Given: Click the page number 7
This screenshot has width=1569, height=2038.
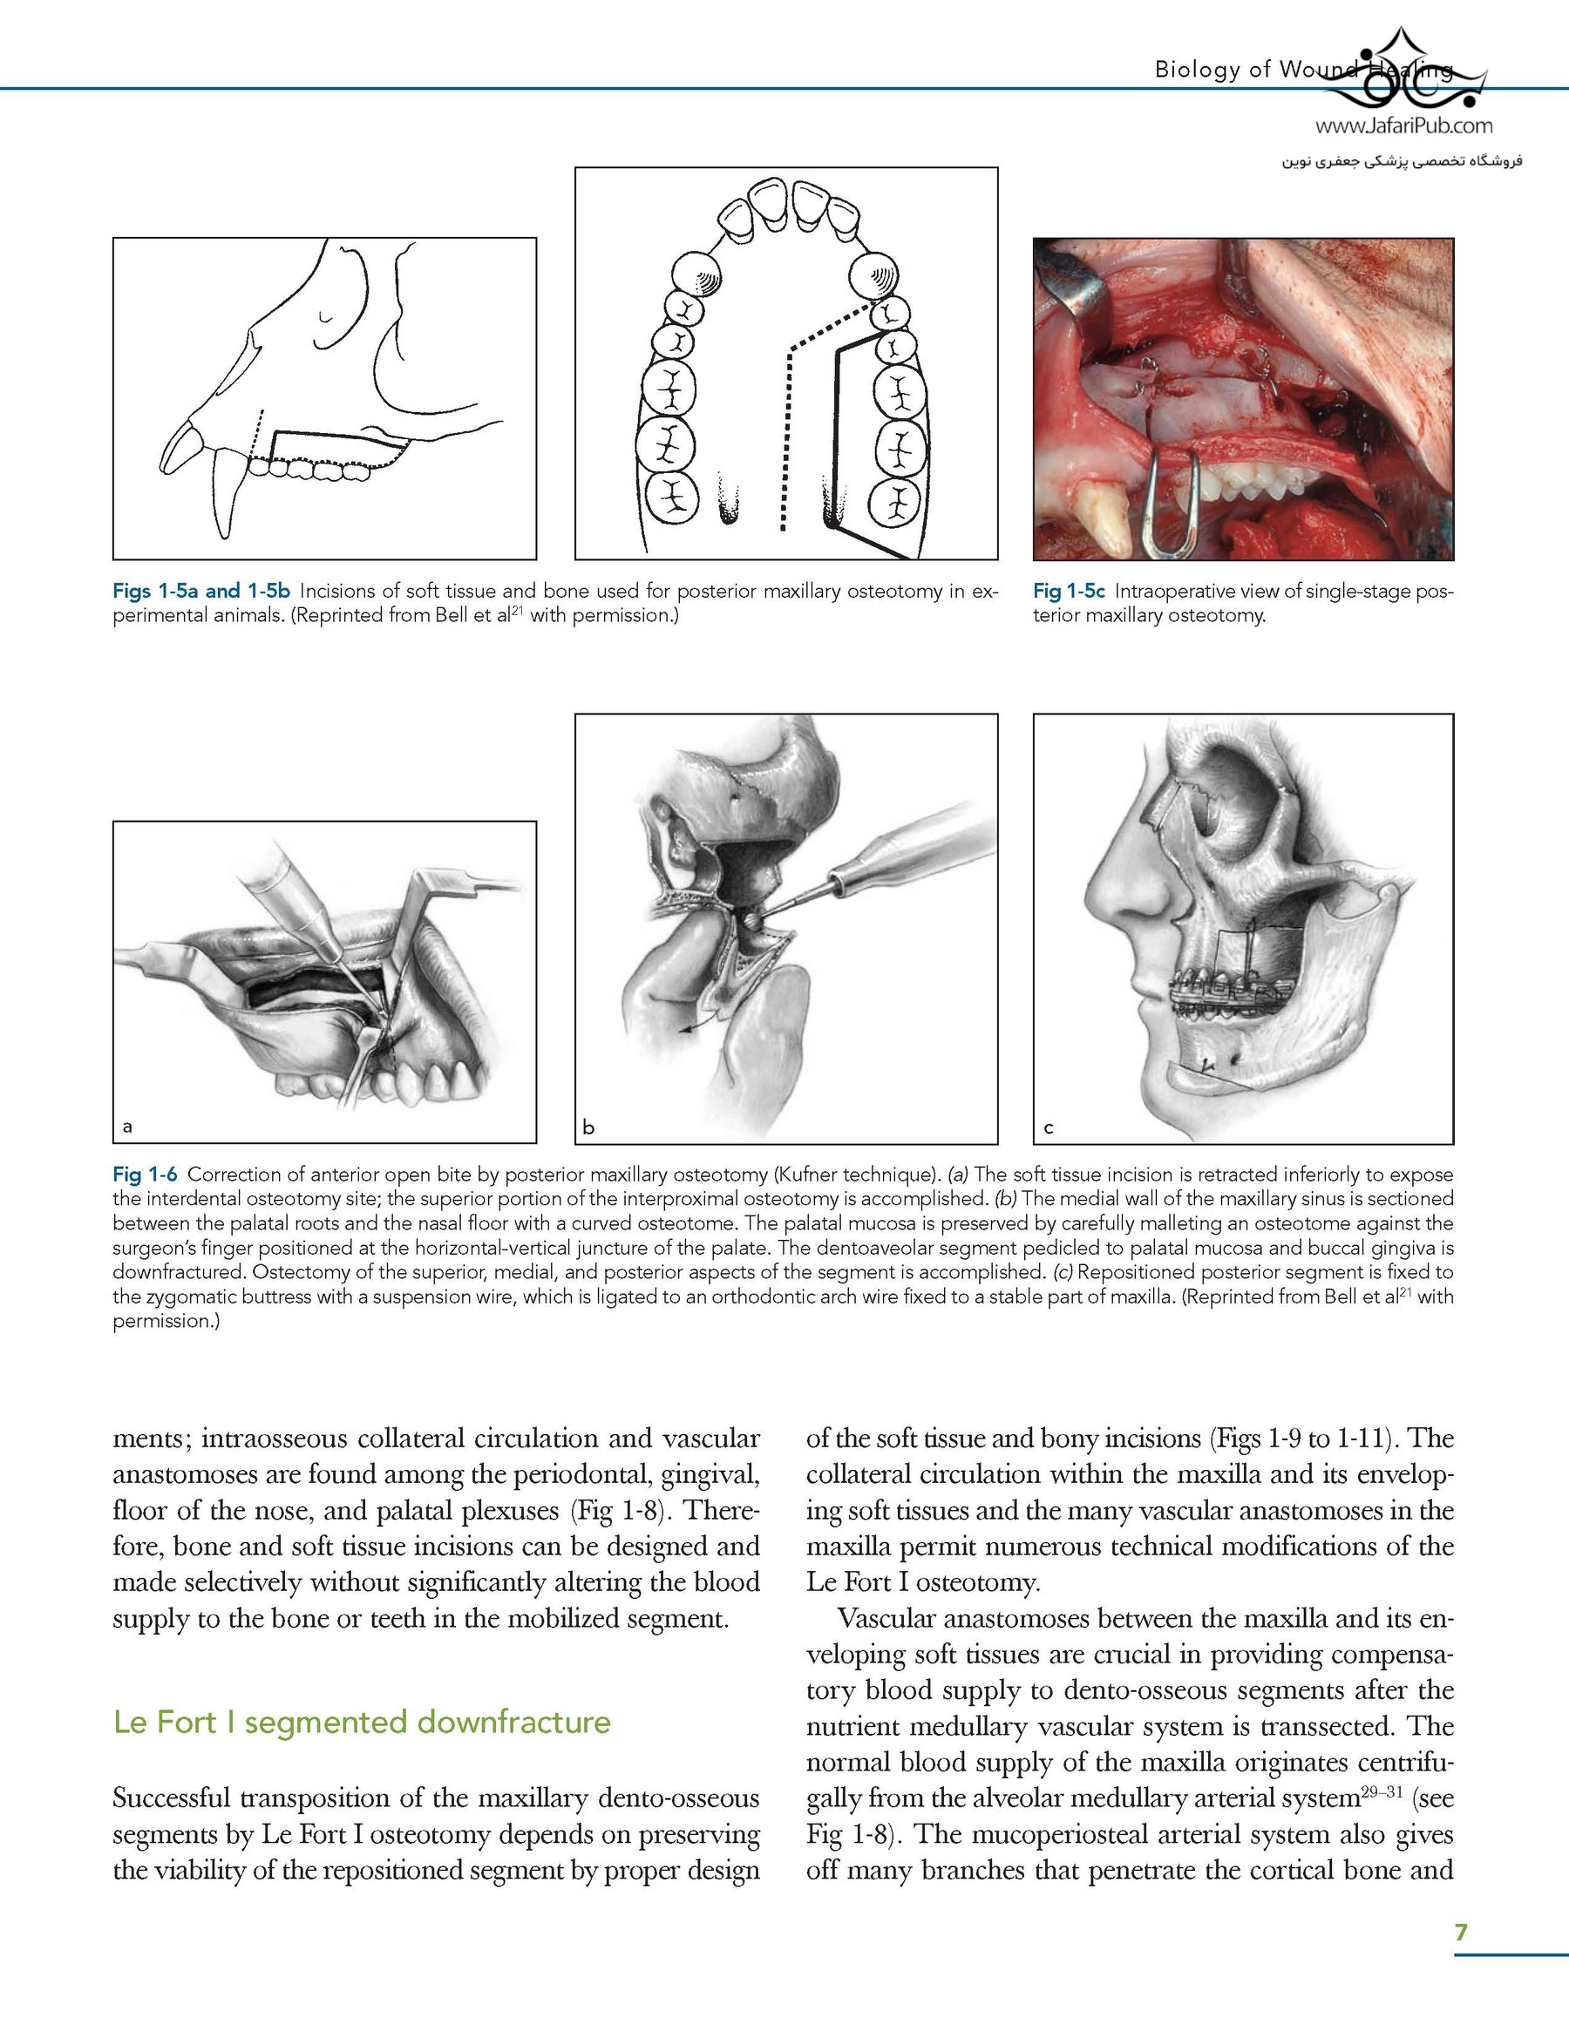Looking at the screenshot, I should pos(1461,1932).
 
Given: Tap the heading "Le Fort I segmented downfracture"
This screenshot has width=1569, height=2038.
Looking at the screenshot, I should pos(361,1722).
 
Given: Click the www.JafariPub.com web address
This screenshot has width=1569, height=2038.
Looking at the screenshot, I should pos(1403,125).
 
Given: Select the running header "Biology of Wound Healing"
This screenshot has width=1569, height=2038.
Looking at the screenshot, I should pos(1303,69).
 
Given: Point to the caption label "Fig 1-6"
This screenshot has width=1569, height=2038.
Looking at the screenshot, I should pos(145,1174).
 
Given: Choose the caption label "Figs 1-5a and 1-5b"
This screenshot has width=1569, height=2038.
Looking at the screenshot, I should pos(200,592).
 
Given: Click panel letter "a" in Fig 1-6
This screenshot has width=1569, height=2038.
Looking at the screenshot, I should pos(128,1127).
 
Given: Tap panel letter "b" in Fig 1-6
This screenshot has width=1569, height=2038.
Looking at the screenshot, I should pos(588,1127).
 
